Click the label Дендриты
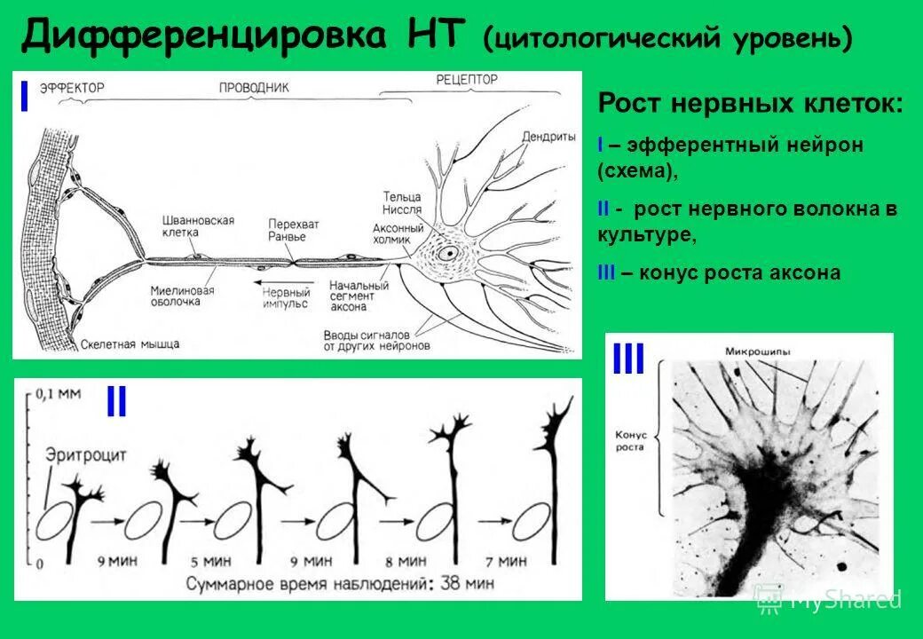tap(548, 136)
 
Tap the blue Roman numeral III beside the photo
tap(628, 362)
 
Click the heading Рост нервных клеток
tap(751, 104)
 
